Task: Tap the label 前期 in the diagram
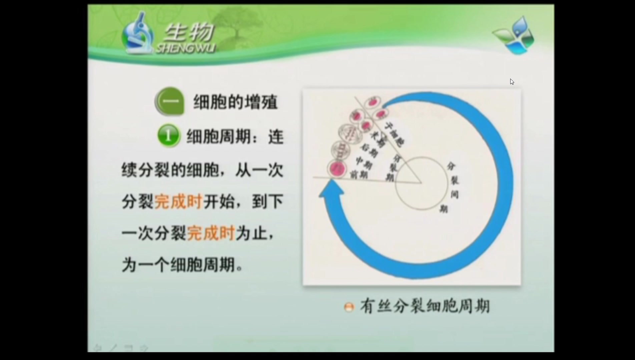[x=359, y=174]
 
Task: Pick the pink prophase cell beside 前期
[x=337, y=168]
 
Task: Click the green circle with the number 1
[x=168, y=136]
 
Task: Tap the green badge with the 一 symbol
[x=170, y=101]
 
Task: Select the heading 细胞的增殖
[x=235, y=102]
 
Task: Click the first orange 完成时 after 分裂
[x=179, y=201]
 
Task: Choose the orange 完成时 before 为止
[x=211, y=233]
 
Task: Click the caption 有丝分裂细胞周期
[x=425, y=306]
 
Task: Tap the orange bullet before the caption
[x=349, y=307]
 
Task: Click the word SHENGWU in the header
[x=185, y=49]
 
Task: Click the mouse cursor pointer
[x=512, y=82]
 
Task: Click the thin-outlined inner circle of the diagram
[x=422, y=184]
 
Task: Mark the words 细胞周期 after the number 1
[x=218, y=137]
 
